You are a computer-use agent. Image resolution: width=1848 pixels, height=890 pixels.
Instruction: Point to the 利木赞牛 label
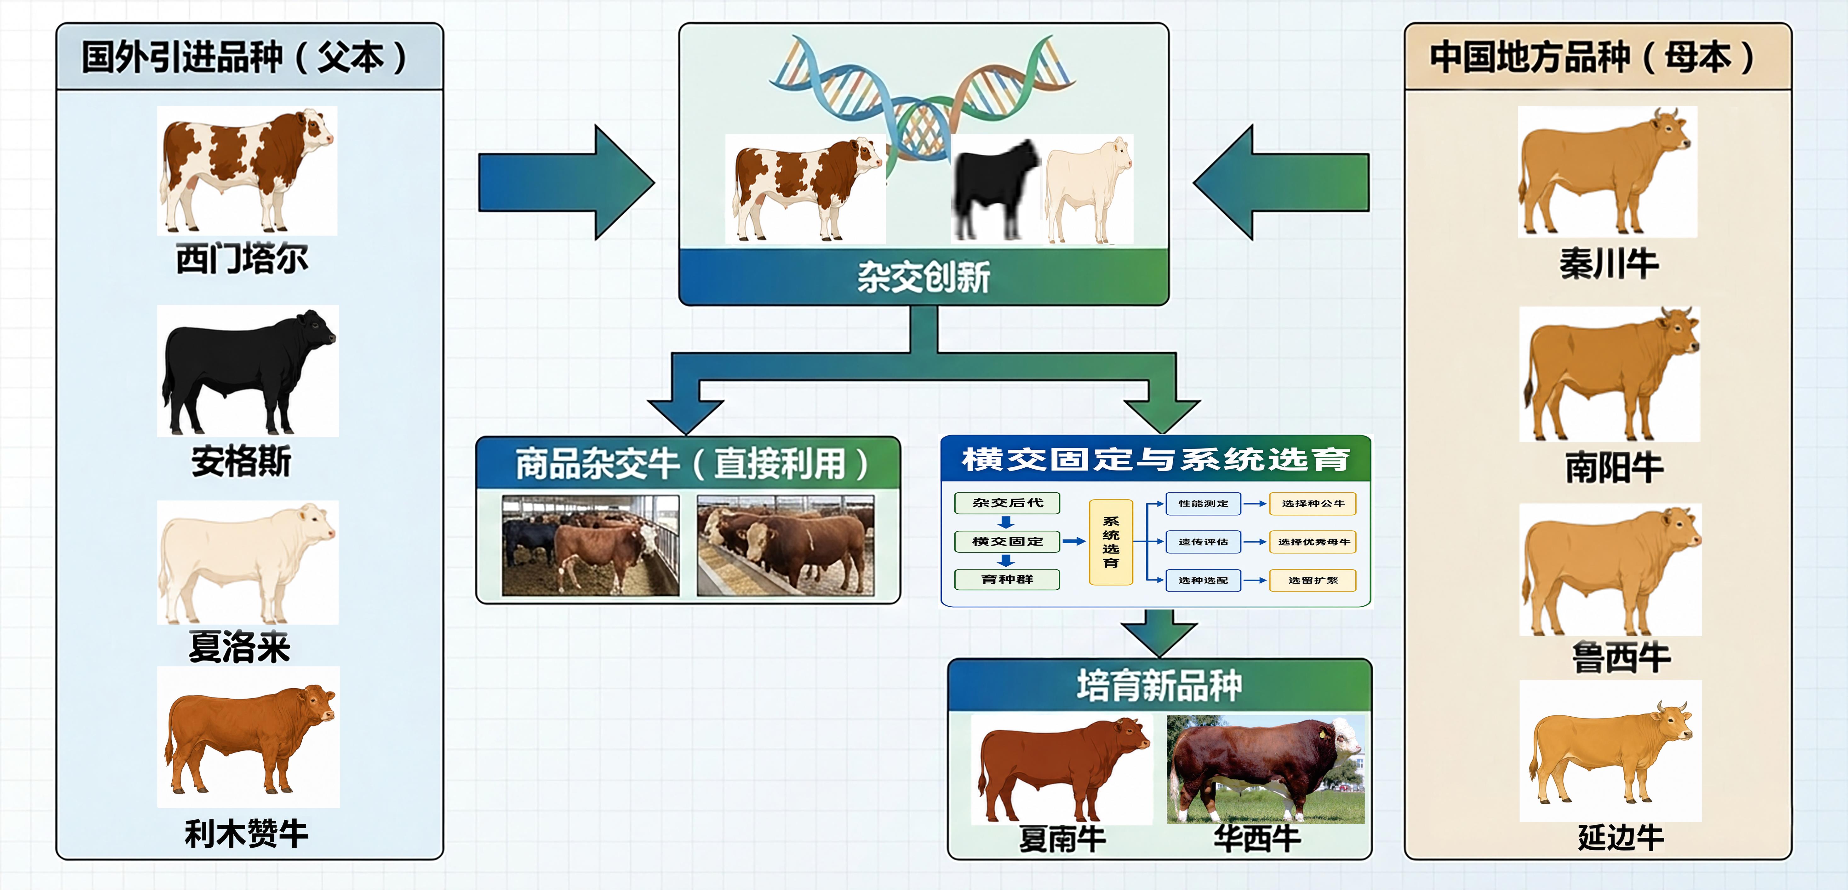(246, 834)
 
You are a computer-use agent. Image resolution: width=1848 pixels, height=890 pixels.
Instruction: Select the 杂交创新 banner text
(923, 277)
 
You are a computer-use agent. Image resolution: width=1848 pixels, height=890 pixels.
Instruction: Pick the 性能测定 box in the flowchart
(1203, 504)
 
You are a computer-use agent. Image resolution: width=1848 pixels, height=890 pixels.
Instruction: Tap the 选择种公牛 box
(1313, 504)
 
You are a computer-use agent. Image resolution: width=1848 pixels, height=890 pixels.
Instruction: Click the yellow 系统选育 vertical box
(1111, 542)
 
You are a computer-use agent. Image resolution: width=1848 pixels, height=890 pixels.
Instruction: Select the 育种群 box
(1007, 579)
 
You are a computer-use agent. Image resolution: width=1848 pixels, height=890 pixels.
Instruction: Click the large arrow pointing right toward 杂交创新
(567, 182)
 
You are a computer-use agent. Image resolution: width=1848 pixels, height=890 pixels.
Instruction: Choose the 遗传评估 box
(1203, 542)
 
